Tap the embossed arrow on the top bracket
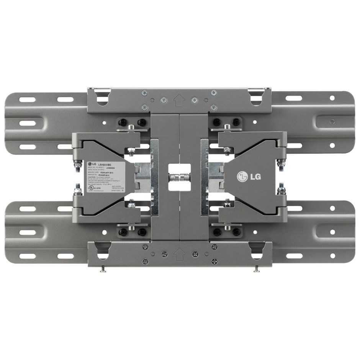click(177, 100)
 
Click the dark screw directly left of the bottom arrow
click(164, 254)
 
